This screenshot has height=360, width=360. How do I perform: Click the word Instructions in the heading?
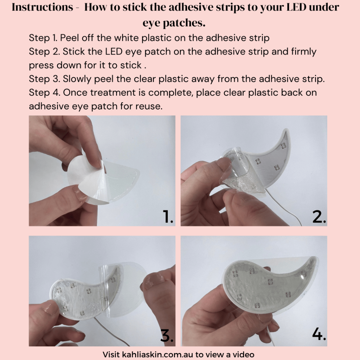coord(43,7)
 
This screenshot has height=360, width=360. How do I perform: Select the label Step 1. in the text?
coord(43,38)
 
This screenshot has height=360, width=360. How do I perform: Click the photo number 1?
coord(168,217)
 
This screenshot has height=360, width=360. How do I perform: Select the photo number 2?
coord(319,217)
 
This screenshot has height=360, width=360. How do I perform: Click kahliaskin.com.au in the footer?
coord(157,354)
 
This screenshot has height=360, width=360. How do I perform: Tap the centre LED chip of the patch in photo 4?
coord(270,282)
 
